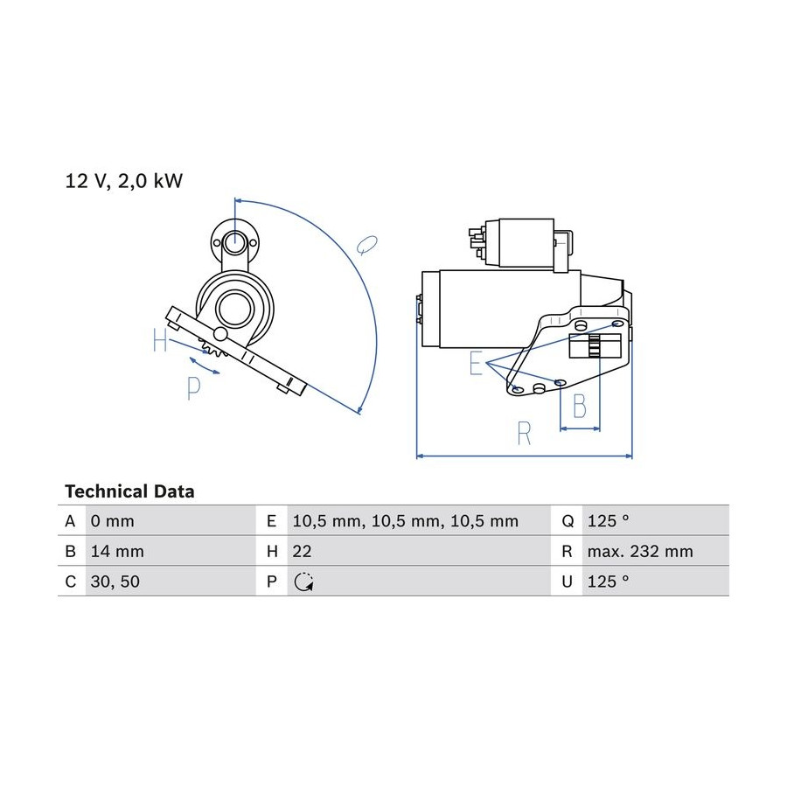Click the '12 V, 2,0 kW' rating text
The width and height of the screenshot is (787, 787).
point(124,181)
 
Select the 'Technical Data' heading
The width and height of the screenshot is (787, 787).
point(129,491)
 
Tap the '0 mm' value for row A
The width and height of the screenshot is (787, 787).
point(113,521)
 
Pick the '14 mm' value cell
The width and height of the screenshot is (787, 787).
point(117,551)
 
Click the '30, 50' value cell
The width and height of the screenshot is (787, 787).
point(115,582)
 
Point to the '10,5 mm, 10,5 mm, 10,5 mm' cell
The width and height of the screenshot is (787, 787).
point(406,521)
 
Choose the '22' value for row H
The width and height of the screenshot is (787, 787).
point(303,551)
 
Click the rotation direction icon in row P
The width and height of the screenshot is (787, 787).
point(303,582)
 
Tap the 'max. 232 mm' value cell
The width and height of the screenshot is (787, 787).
point(640,551)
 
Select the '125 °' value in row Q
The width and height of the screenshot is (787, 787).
point(608,521)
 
